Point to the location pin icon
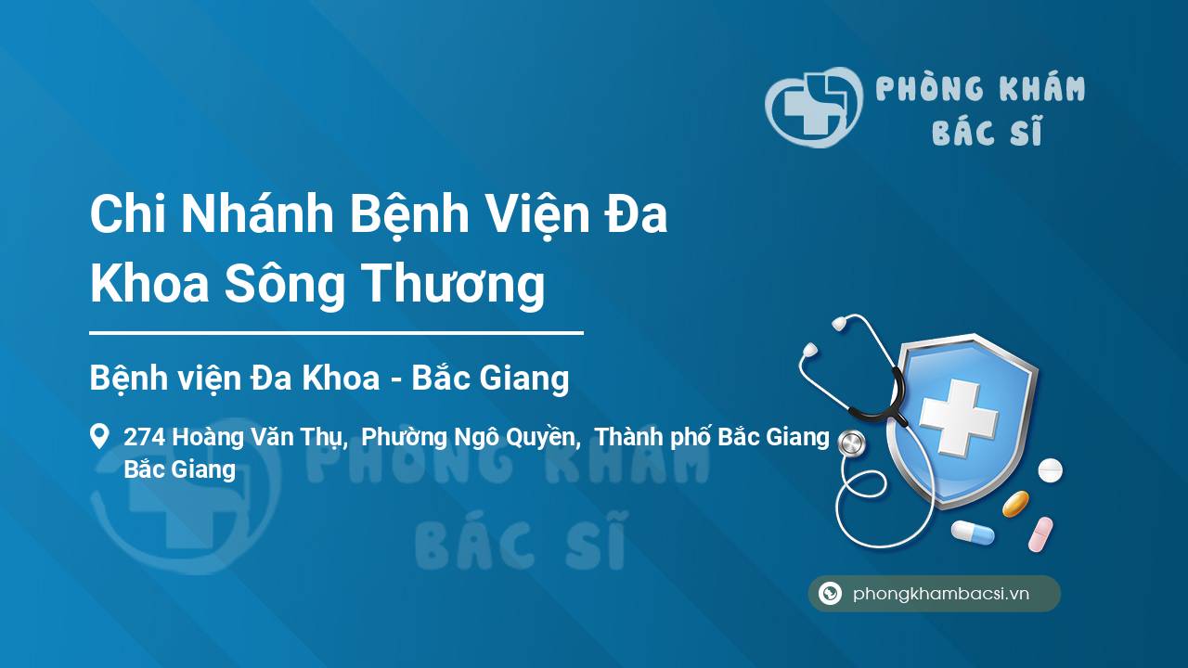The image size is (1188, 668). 99,436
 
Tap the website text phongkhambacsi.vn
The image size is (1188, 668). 941,594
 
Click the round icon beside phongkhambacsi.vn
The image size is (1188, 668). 830,593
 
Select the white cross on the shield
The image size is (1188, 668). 959,418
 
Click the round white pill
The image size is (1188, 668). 1050,470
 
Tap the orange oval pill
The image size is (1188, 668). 1015,504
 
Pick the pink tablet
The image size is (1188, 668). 1040,534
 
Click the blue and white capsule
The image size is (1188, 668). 973,533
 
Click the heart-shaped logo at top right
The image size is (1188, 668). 814,107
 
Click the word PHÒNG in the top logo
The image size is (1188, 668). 930,88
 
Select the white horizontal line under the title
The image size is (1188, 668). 336,333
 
